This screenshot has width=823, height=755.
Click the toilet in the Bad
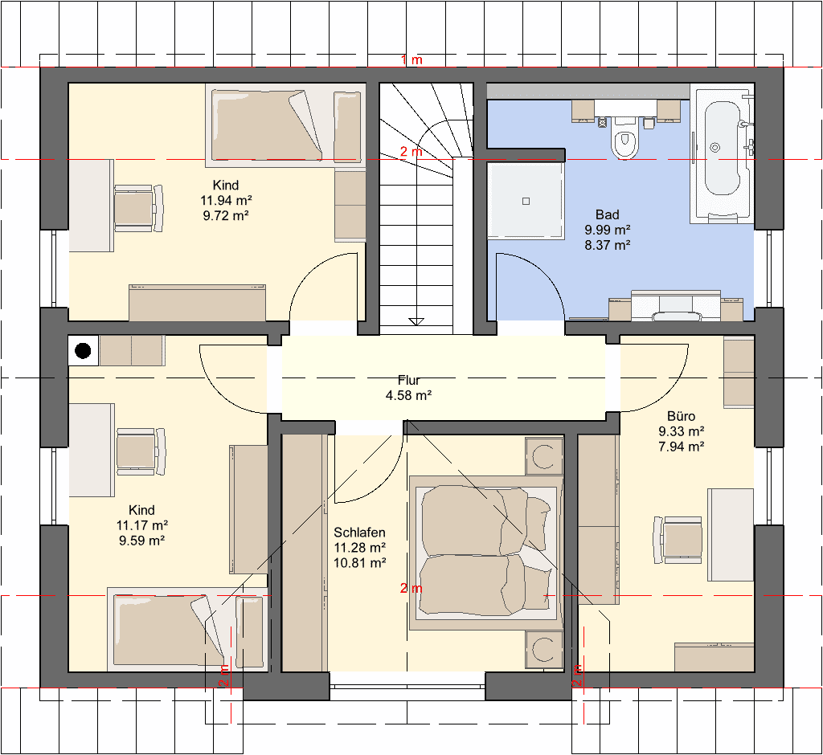624,137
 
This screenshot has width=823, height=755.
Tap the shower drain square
526,201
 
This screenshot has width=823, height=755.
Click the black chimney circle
83,350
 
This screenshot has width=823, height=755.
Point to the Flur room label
409,380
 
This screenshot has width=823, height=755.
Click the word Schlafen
359,533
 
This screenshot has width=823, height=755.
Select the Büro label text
682,416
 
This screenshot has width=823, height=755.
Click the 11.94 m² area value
226,200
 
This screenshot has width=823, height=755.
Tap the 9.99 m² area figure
608,229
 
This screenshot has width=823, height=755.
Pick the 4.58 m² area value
409,395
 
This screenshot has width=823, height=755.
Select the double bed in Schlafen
486,553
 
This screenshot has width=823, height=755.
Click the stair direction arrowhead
416,321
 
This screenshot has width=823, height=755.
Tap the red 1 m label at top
412,59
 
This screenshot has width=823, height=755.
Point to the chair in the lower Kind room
141,451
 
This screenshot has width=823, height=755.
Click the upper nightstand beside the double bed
544,456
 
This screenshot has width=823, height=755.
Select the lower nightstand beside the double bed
544,650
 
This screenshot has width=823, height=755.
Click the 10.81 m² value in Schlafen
359,563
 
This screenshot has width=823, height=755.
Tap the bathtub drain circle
714,148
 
